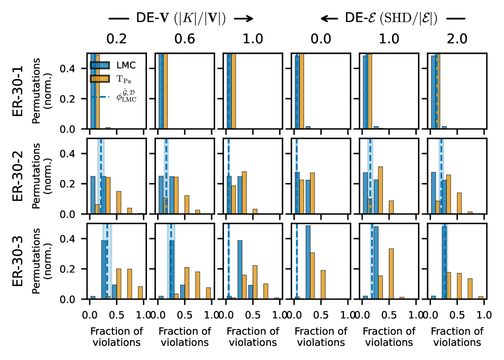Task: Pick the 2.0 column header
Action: coord(456,39)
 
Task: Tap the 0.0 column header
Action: coord(321,39)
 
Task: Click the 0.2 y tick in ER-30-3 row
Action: coord(76,269)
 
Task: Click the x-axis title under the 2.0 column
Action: coord(456,337)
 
